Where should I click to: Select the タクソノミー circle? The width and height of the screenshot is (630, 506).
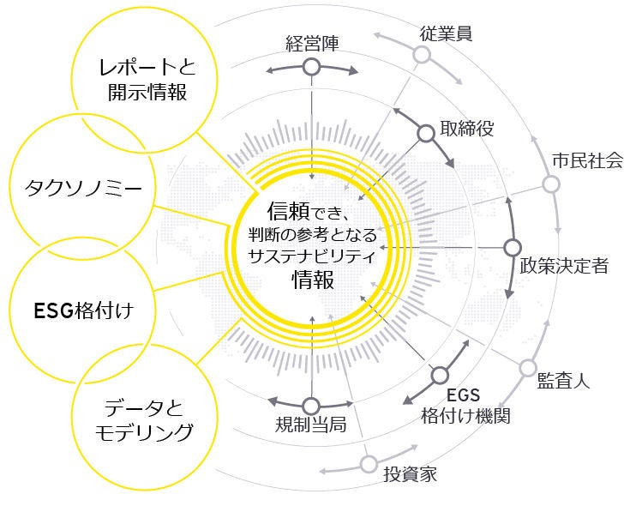click(70, 185)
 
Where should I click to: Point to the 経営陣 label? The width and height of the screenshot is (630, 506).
click(311, 42)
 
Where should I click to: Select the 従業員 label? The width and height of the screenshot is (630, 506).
click(447, 33)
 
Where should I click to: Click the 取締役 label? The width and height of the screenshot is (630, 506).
click(466, 130)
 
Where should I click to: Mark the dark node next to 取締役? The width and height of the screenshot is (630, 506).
click(425, 133)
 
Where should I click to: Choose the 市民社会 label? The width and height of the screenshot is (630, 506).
click(586, 160)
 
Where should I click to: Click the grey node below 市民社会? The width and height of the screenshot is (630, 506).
click(551, 184)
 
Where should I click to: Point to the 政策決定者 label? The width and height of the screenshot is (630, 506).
click(564, 265)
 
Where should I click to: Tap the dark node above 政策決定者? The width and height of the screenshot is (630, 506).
click(512, 248)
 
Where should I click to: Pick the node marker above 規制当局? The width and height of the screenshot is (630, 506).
click(310, 406)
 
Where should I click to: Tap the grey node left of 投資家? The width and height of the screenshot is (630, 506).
click(369, 463)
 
